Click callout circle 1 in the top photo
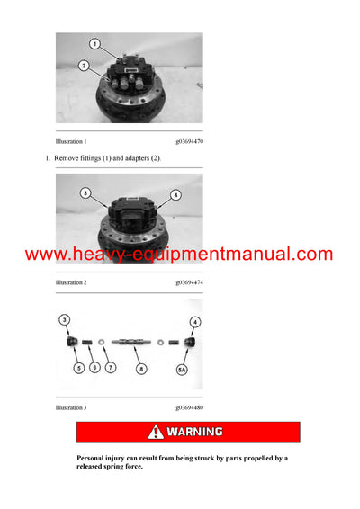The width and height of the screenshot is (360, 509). click(94, 43)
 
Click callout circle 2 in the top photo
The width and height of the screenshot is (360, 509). click(83, 66)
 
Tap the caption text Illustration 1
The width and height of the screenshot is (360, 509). click(71, 141)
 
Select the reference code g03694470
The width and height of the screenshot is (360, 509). click(196, 141)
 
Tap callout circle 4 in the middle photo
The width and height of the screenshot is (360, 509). click(176, 194)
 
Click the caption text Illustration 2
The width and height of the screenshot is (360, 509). click(71, 282)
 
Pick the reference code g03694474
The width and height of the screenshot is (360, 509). click(196, 282)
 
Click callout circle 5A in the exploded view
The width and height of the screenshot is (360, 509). click(184, 367)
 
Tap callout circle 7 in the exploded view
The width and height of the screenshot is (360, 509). click(111, 367)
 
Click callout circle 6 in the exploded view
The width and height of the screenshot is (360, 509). click(95, 367)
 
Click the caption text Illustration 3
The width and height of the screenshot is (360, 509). click(71, 407)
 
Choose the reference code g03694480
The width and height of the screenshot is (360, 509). click(196, 407)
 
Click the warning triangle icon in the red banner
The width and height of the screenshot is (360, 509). click(157, 433)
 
